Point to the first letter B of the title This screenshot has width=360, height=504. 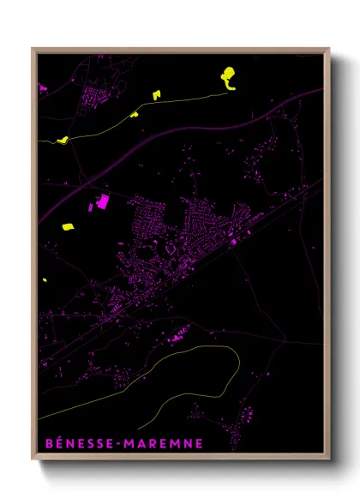(x=47, y=444)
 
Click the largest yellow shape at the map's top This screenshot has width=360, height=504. (x=228, y=77)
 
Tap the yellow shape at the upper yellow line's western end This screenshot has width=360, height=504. (x=63, y=139)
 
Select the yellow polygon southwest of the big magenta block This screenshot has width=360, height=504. (x=68, y=227)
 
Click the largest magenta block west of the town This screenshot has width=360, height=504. (x=103, y=201)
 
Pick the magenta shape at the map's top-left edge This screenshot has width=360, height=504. (x=42, y=87)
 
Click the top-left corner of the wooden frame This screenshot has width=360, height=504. (x=33, y=49)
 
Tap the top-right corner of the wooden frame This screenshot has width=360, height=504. (x=330, y=49)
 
